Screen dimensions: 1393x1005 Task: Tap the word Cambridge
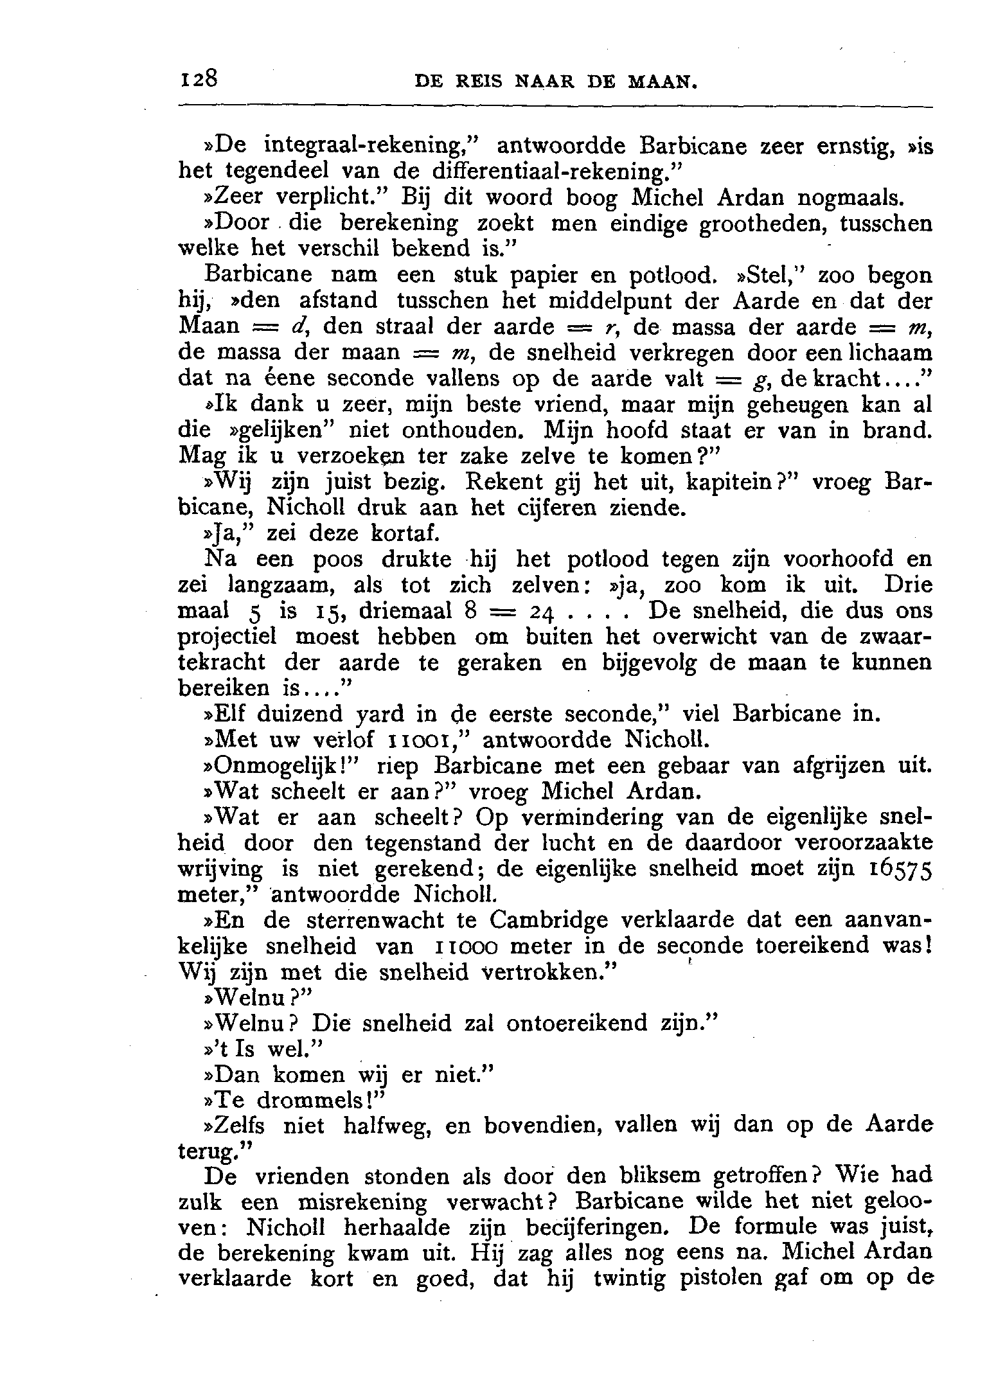pyautogui.click(x=547, y=921)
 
